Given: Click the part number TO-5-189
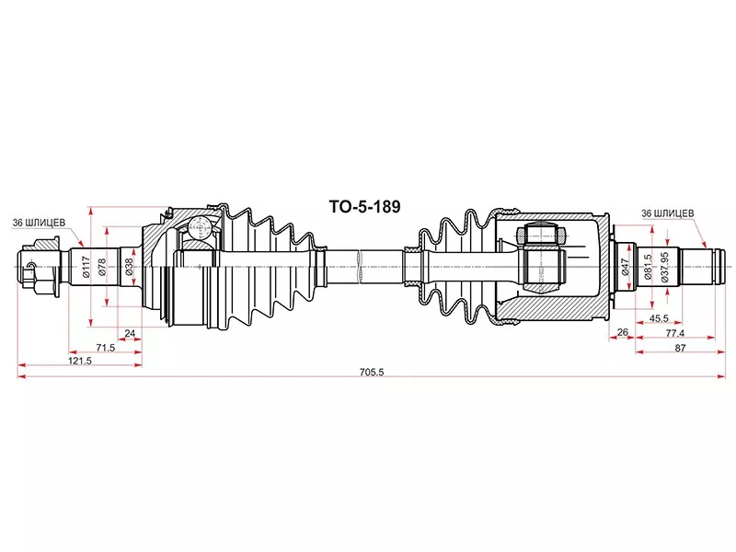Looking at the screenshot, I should (x=366, y=208).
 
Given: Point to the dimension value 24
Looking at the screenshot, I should (x=130, y=333).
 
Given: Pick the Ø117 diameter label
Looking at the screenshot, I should (x=86, y=266).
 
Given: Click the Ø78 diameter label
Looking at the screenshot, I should (x=102, y=266).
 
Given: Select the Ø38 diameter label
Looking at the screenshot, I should (x=130, y=266).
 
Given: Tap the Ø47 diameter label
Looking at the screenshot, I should (x=625, y=267).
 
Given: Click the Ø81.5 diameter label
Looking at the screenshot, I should (x=649, y=267).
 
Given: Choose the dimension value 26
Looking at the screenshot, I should (x=623, y=332).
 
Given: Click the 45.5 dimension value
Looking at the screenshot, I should (x=658, y=318).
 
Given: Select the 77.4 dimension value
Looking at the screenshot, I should (x=675, y=332).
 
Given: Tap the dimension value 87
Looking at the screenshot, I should (x=679, y=347).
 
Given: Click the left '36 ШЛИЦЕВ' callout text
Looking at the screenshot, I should (x=38, y=223).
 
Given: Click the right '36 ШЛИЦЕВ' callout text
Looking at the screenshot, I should (x=667, y=213).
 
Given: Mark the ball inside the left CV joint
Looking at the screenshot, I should (x=197, y=230).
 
